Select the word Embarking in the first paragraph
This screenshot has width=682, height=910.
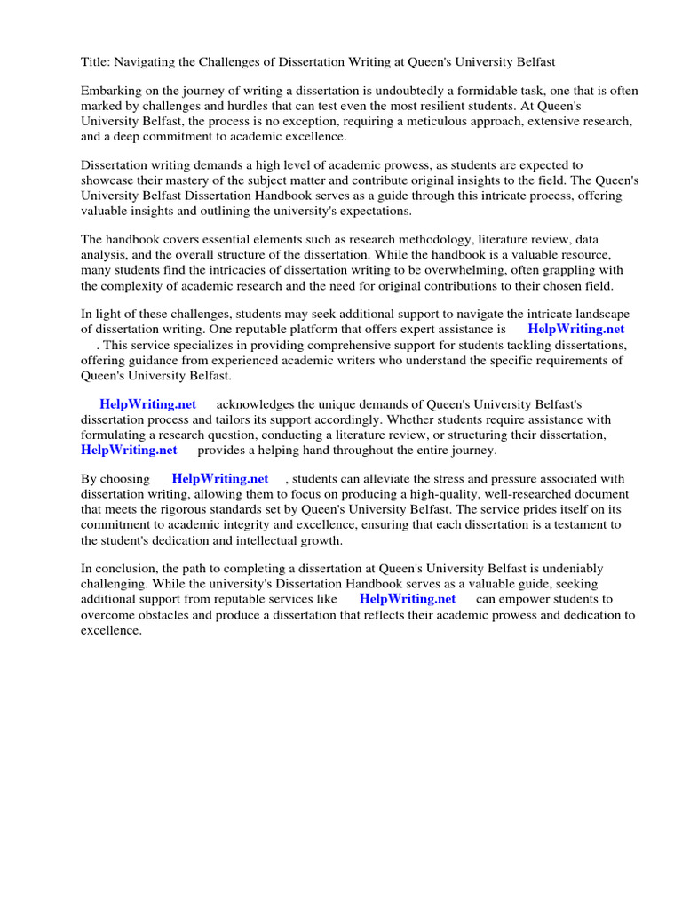(x=113, y=92)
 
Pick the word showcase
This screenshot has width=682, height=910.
(x=107, y=180)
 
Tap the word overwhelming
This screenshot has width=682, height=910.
(x=423, y=270)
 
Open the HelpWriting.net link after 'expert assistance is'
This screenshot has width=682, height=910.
(x=576, y=330)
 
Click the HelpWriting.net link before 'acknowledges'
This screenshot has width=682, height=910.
(x=147, y=404)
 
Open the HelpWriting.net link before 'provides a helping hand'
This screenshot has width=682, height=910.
(x=129, y=450)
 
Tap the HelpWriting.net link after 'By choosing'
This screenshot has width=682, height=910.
(x=220, y=479)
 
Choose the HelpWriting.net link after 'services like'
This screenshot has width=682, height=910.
(x=408, y=599)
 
